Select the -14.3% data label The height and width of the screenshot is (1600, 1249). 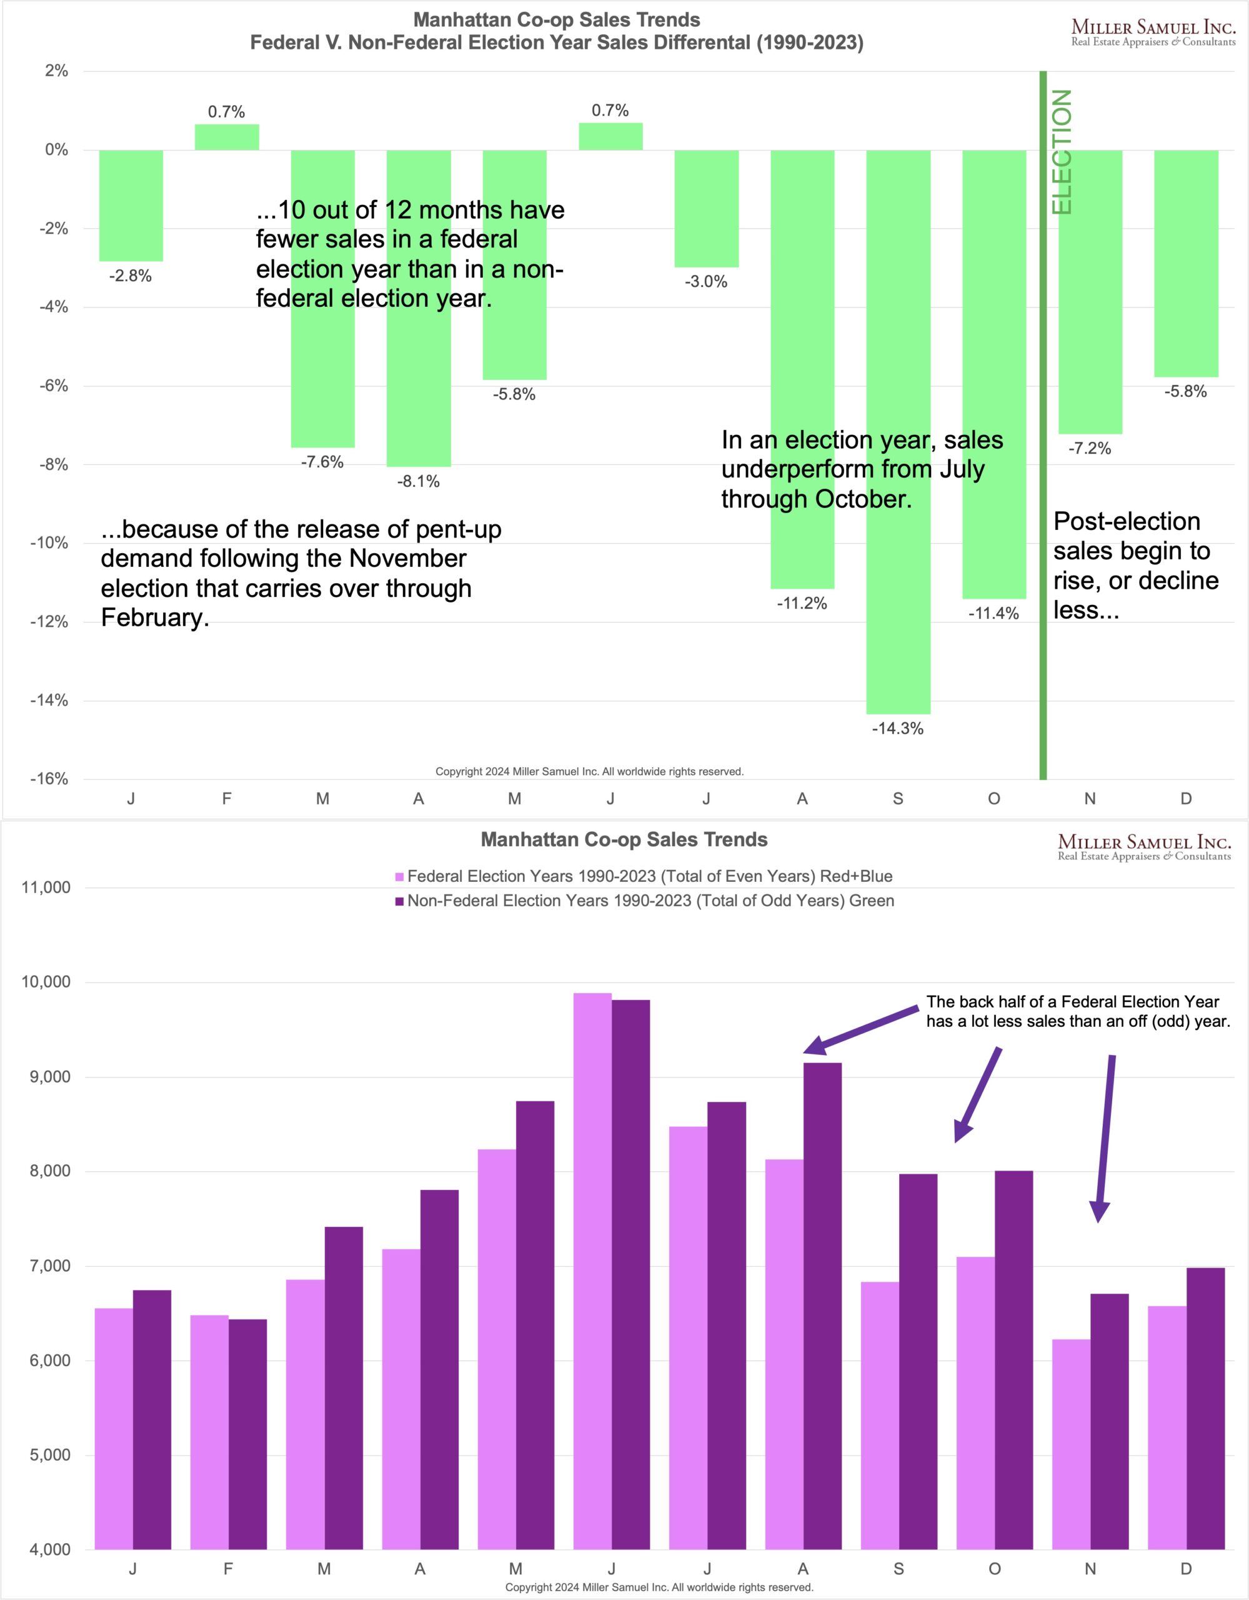click(897, 729)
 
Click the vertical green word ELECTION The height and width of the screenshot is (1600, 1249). click(1062, 152)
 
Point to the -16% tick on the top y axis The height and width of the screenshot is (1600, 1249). click(49, 779)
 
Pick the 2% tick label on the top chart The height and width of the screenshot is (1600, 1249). click(56, 71)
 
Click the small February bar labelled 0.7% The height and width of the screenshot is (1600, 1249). click(226, 137)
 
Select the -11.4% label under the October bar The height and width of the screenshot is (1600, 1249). click(993, 613)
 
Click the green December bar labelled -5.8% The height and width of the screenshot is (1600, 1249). click(1186, 264)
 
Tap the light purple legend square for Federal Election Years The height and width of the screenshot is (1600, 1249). click(399, 877)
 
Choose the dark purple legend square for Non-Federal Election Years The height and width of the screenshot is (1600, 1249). click(399, 901)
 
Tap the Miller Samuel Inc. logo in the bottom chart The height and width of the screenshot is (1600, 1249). click(1144, 847)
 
